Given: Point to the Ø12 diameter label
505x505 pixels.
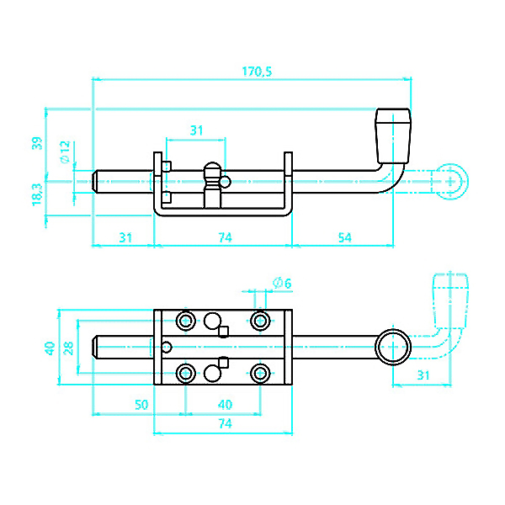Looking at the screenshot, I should pyautogui.click(x=64, y=151).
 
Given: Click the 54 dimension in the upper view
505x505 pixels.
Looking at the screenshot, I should pyautogui.click(x=344, y=238).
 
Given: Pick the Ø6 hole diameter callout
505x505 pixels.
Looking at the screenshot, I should pyautogui.click(x=282, y=283).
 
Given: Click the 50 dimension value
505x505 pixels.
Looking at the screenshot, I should pyautogui.click(x=141, y=405).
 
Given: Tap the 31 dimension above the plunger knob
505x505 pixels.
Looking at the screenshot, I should pyautogui.click(x=196, y=130).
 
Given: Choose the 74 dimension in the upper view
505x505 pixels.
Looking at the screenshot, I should pyautogui.click(x=225, y=238).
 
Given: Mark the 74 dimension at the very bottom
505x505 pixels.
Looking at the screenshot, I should pyautogui.click(x=225, y=425).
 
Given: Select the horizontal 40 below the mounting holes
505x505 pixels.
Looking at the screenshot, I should pyautogui.click(x=225, y=405).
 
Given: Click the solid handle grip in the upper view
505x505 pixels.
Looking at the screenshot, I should pyautogui.click(x=393, y=134).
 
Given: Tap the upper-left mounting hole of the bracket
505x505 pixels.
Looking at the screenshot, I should pyautogui.click(x=185, y=321).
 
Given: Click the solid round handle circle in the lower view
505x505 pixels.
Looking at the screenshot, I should pyautogui.click(x=392, y=346).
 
